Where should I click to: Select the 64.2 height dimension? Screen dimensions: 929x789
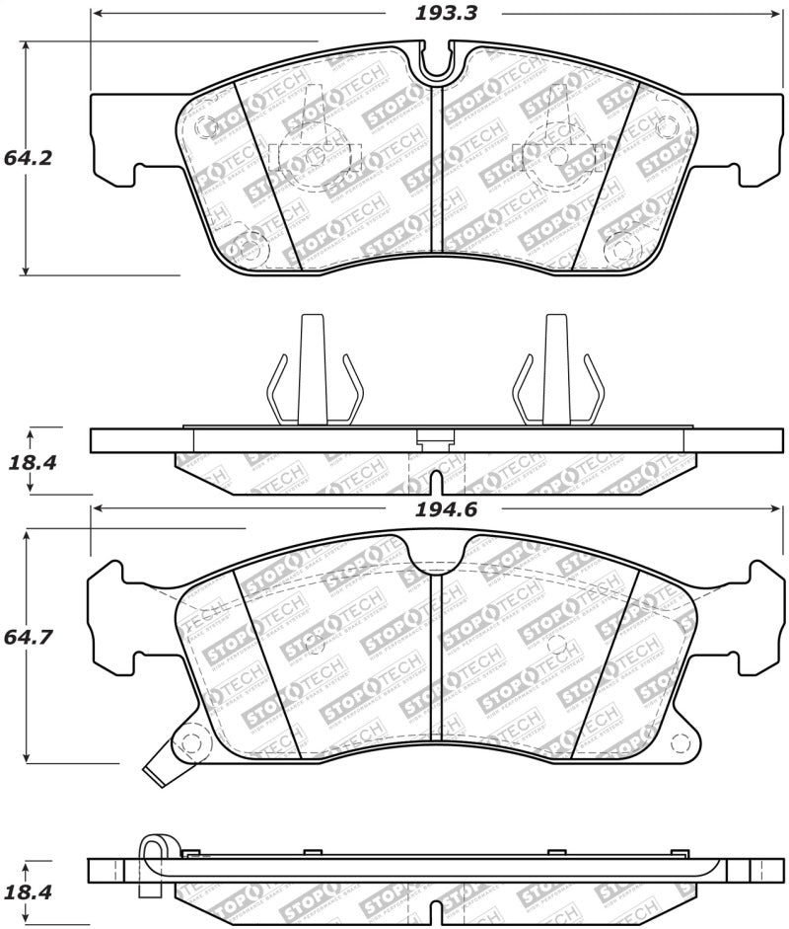[27, 157]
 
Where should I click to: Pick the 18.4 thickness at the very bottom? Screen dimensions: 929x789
[27, 891]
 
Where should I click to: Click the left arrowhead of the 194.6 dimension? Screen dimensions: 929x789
[97, 509]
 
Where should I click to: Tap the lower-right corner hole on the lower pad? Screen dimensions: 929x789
[677, 741]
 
